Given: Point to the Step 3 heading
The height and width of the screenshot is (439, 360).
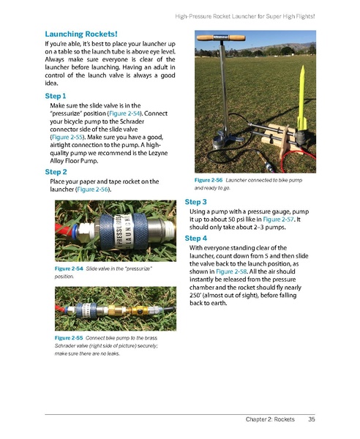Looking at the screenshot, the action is (196, 201).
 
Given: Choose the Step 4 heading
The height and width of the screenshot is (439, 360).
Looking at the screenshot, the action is (196, 239).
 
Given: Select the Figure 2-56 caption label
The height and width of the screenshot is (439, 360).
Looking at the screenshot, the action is (208, 179).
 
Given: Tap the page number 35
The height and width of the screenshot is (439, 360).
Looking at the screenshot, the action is (311, 419).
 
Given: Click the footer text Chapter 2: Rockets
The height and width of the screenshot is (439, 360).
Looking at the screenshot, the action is (269, 419).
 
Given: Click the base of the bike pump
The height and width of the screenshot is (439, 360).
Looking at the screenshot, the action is (219, 151).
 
